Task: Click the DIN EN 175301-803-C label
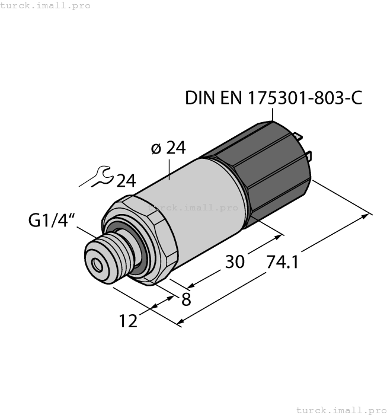[x=273, y=98]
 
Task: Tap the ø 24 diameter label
[x=168, y=148]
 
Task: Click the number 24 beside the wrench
[x=126, y=181]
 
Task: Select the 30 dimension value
[x=235, y=261]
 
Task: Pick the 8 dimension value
[x=185, y=299]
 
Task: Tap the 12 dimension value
[x=129, y=321]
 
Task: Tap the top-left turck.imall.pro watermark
[x=46, y=5]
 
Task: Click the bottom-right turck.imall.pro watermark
[x=341, y=410]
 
